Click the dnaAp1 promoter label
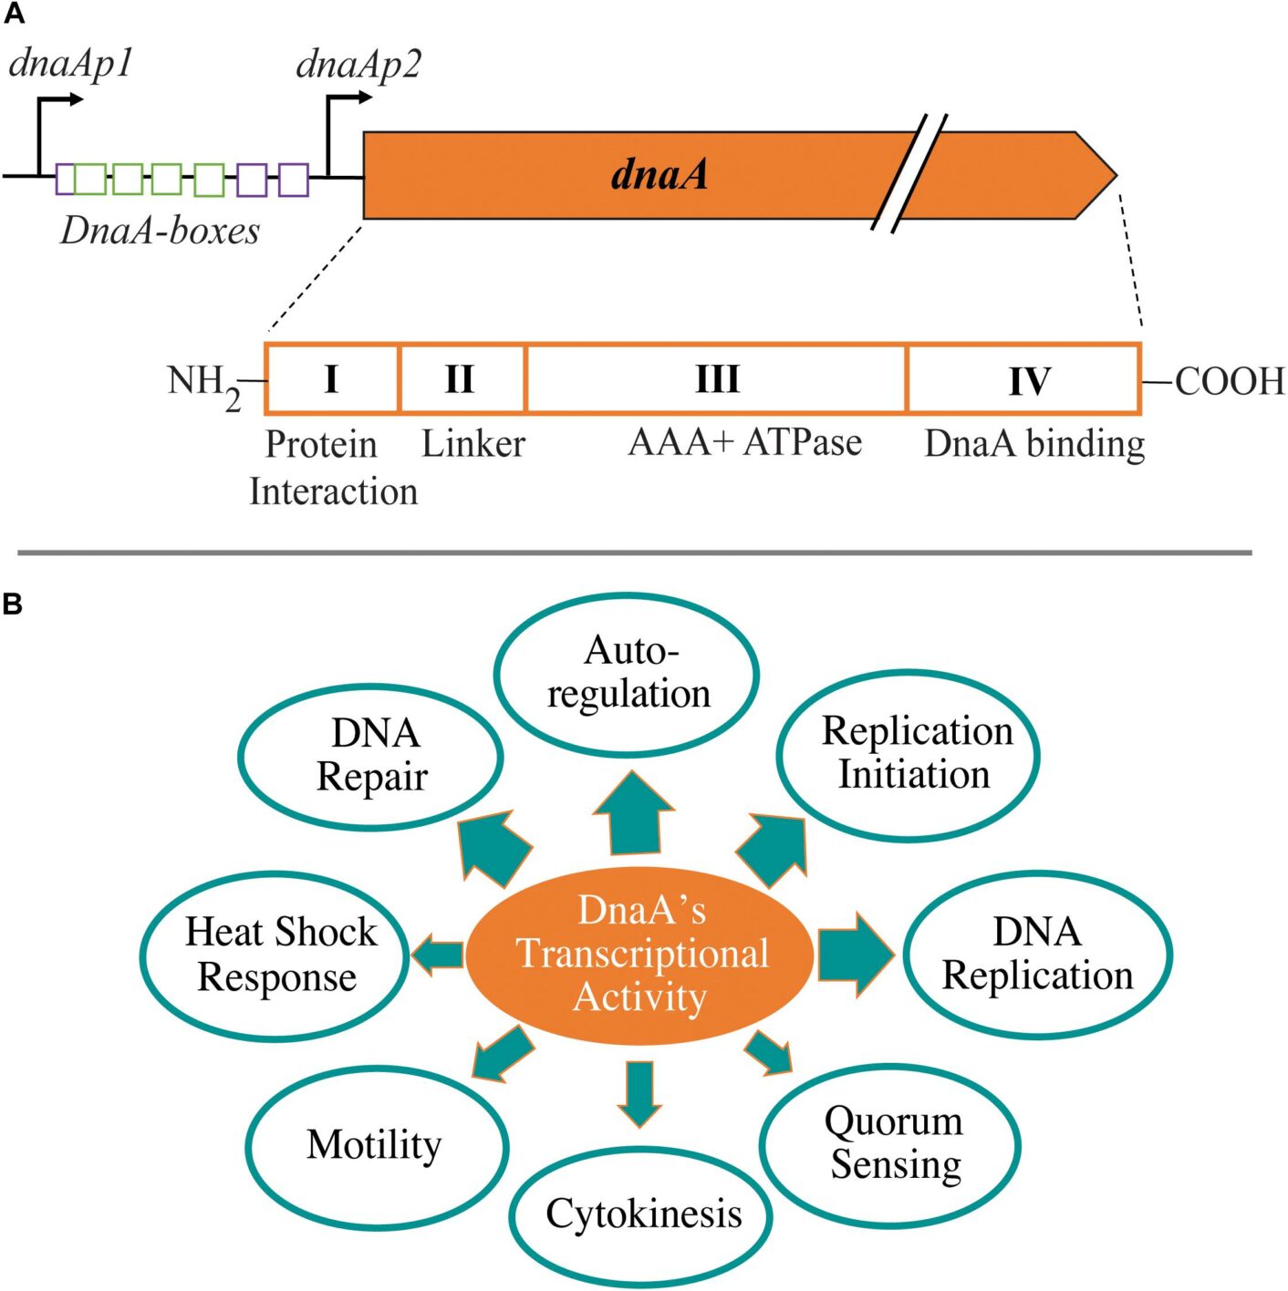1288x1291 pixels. (x=71, y=64)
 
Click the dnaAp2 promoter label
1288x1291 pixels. (x=358, y=65)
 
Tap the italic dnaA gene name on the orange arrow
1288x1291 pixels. (x=659, y=174)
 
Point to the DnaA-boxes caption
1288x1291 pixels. (x=160, y=231)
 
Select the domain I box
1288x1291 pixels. (x=332, y=378)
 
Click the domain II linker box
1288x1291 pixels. (x=462, y=378)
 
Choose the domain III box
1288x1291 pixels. (x=716, y=378)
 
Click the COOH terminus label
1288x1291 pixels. (x=1228, y=381)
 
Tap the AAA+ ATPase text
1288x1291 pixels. (x=744, y=442)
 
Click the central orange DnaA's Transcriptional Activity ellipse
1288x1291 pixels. (x=640, y=955)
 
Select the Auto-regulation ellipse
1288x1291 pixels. (x=628, y=674)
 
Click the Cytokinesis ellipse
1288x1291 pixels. (x=642, y=1214)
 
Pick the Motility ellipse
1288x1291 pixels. (x=375, y=1145)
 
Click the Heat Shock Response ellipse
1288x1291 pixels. (x=275, y=955)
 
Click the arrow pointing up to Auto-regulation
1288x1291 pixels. (x=633, y=814)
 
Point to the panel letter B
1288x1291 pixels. (x=13, y=604)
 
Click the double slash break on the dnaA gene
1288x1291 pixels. (x=909, y=173)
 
